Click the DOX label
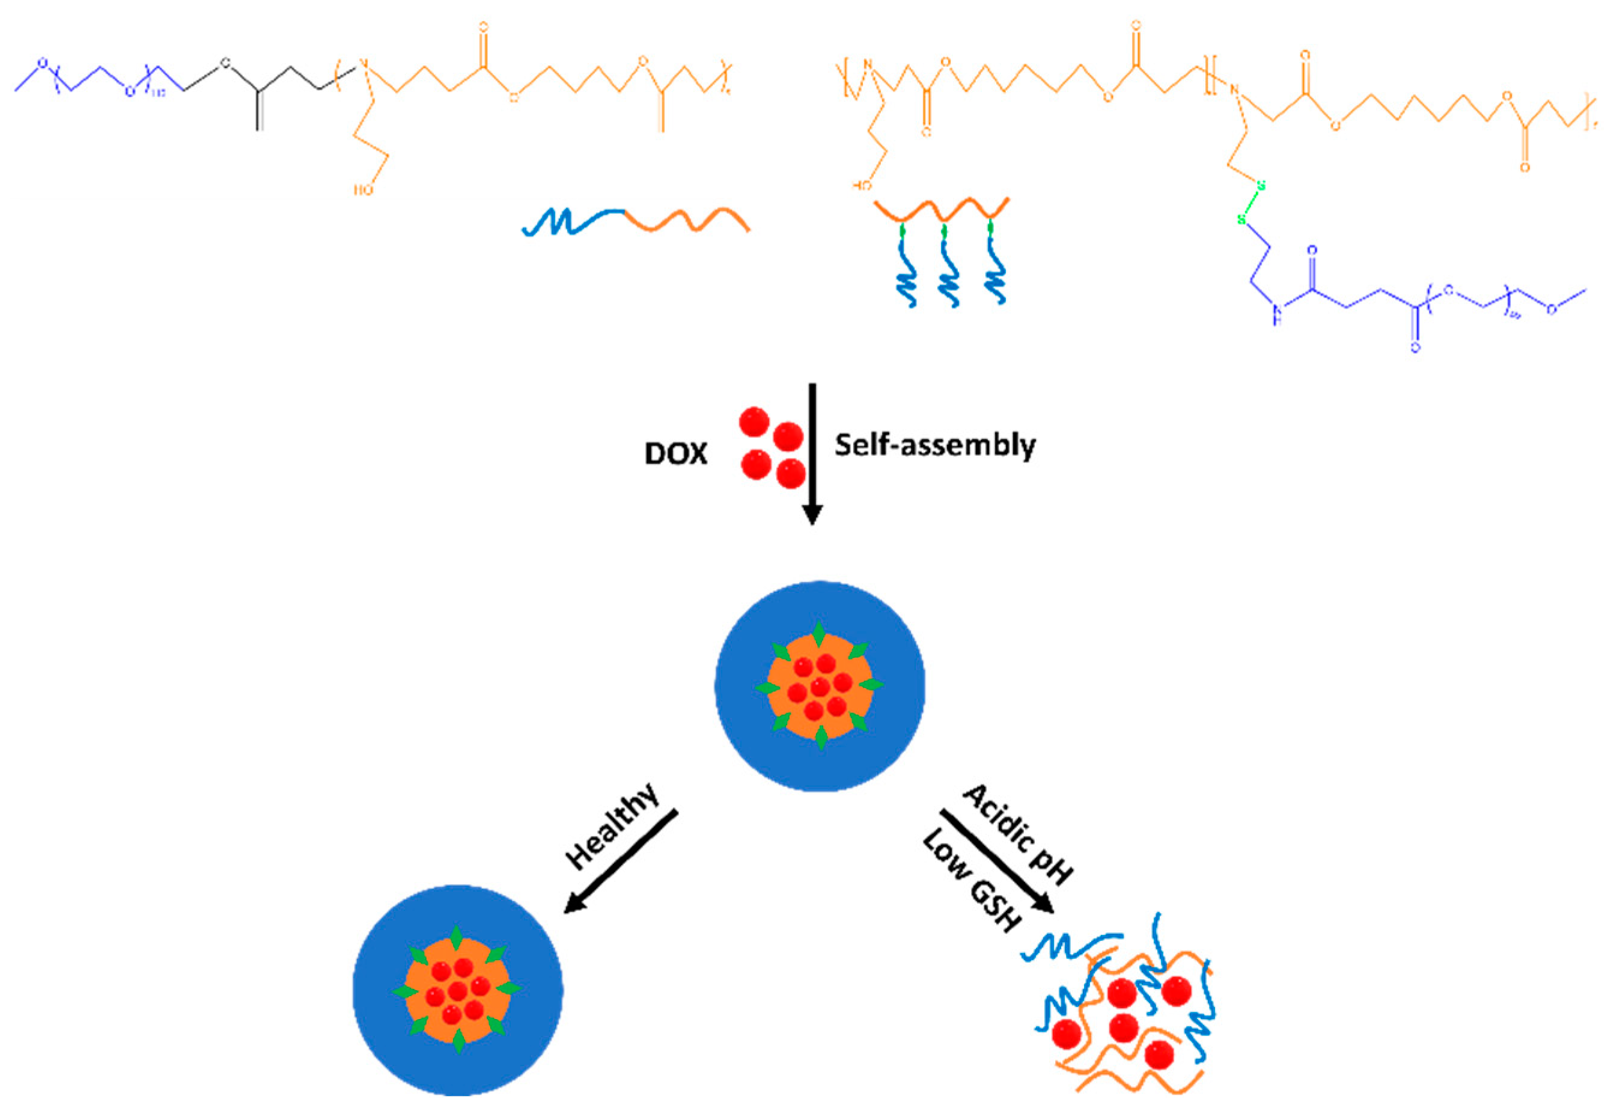tap(675, 454)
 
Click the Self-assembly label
tap(935, 445)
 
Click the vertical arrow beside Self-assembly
tap(811, 454)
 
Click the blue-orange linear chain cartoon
tap(635, 222)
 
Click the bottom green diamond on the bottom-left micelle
tap(458, 1040)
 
